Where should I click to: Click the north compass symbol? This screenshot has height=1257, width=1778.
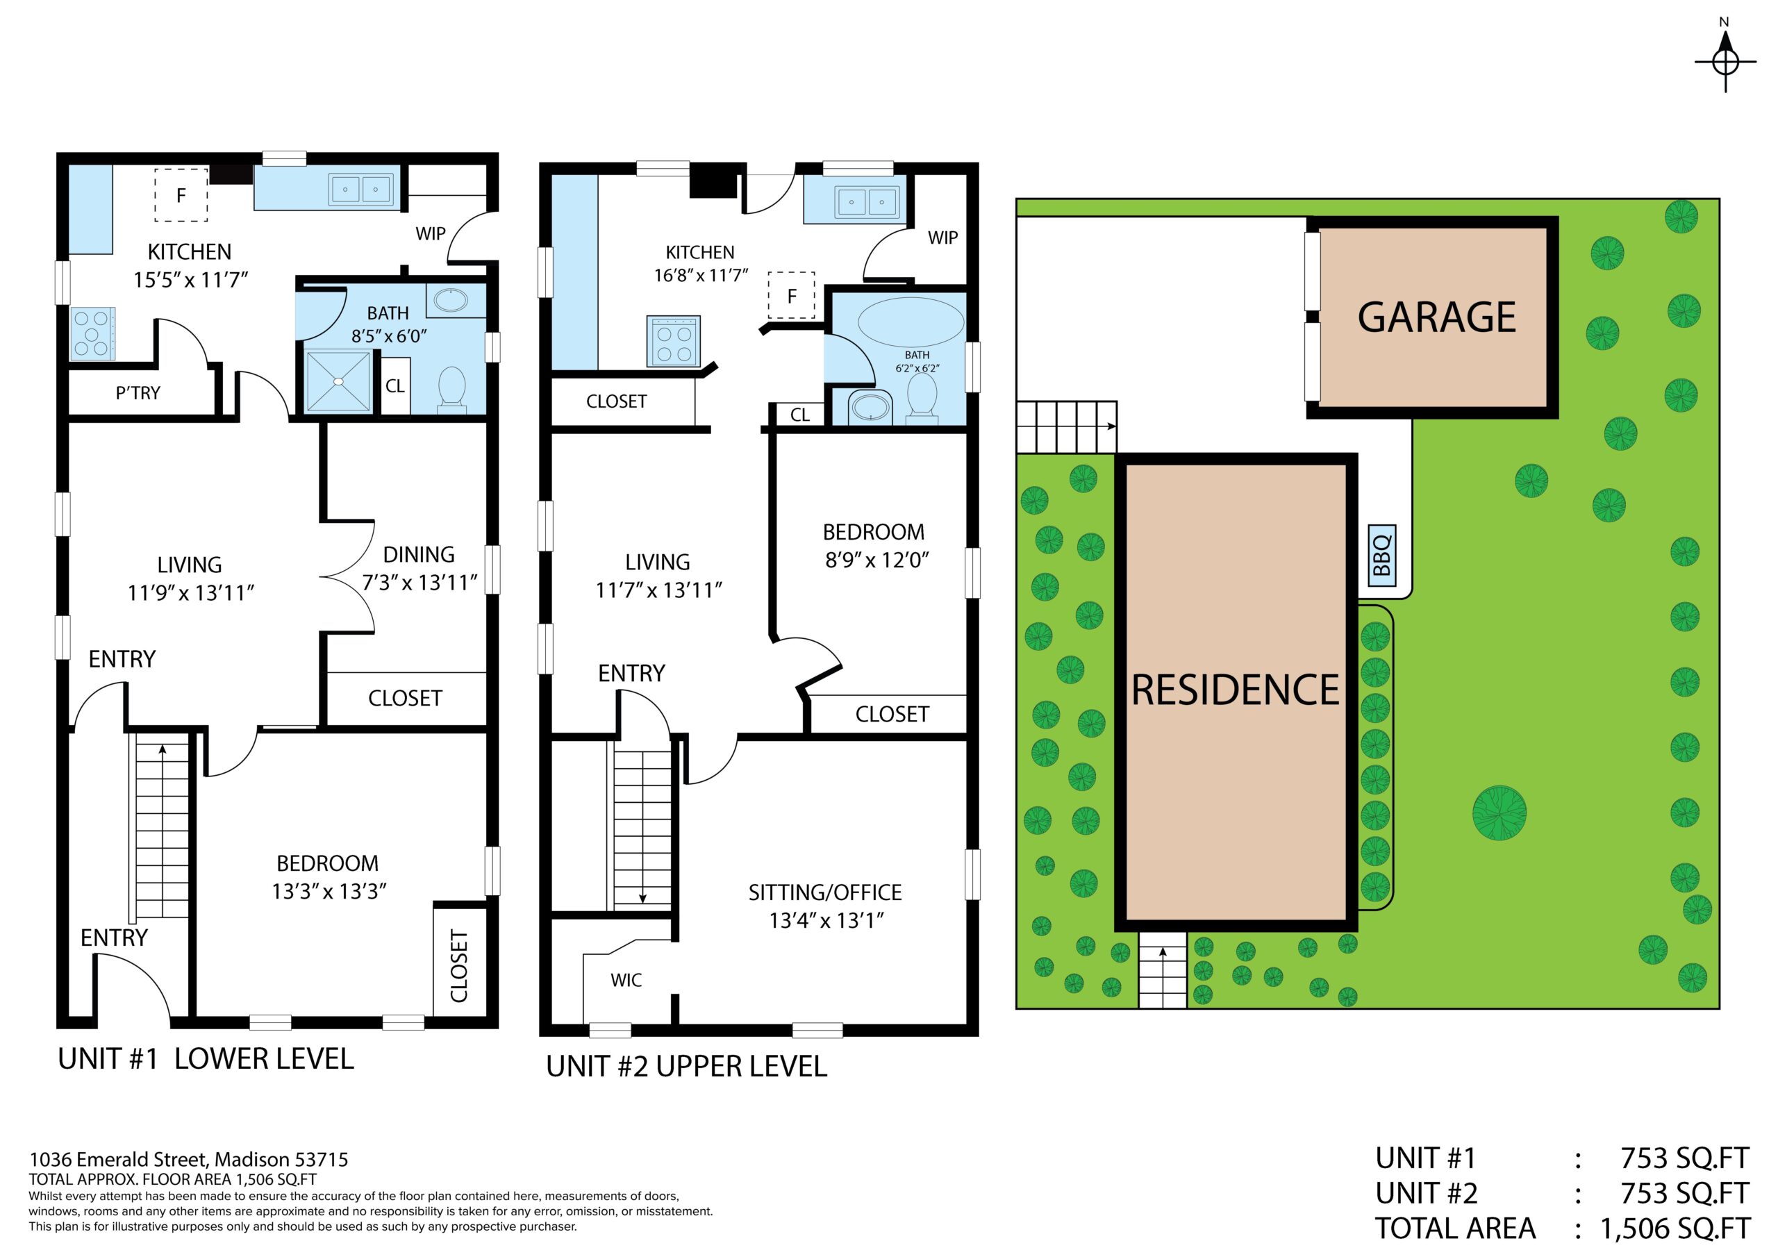[x=1725, y=60]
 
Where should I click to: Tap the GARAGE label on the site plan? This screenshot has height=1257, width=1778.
[x=1436, y=317]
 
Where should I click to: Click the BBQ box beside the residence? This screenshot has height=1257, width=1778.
[x=1381, y=556]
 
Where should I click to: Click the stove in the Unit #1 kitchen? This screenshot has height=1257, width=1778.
[x=93, y=334]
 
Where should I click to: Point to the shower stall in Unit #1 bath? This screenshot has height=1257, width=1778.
[x=338, y=381]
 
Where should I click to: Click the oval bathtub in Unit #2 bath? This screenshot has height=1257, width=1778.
[x=911, y=323]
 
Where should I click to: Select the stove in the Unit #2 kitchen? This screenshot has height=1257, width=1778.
[x=674, y=341]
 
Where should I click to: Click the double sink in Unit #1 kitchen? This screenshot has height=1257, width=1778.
[x=361, y=189]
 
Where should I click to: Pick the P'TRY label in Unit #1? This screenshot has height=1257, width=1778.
[x=138, y=394]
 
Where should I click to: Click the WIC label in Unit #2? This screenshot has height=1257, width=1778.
[x=626, y=981]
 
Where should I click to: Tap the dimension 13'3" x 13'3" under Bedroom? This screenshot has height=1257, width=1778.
[x=329, y=892]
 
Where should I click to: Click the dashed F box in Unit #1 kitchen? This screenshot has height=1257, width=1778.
[x=181, y=195]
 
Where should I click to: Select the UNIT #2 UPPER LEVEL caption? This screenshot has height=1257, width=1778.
[x=686, y=1067]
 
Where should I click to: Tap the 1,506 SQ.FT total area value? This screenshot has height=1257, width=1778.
[x=1675, y=1229]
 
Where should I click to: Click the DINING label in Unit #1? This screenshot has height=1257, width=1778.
[x=419, y=554]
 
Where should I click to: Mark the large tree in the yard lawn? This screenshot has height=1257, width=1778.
[x=1499, y=813]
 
